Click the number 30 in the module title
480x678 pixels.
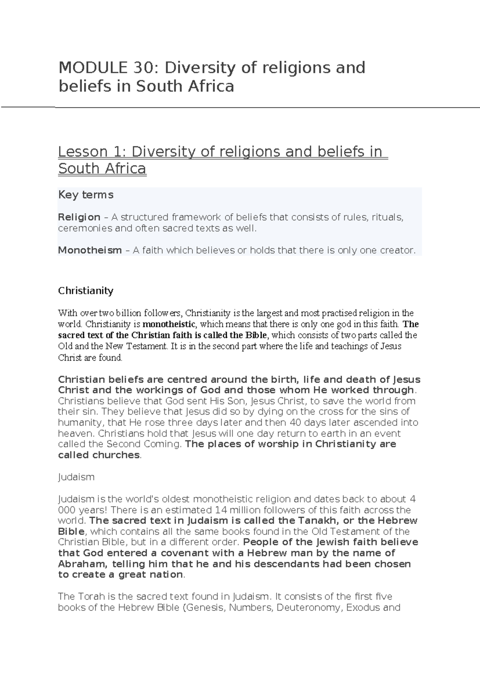click(x=140, y=68)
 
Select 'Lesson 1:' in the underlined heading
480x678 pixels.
click(x=92, y=152)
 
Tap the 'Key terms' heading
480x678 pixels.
click(x=86, y=195)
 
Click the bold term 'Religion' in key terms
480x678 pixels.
click(x=79, y=217)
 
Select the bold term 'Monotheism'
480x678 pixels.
click(x=90, y=251)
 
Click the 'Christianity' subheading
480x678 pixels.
click(x=86, y=291)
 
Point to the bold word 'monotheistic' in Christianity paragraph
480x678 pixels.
click(x=169, y=324)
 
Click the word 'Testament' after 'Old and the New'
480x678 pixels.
click(x=148, y=346)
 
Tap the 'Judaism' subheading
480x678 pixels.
click(x=76, y=477)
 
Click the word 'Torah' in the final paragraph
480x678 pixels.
click(x=88, y=597)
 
